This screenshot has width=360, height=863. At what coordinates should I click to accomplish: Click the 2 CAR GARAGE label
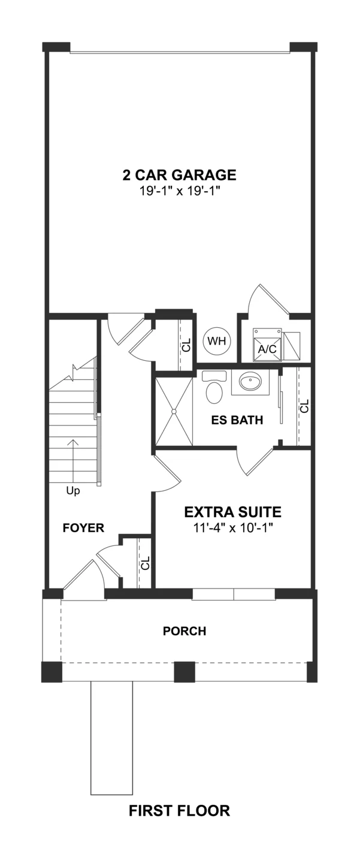[180, 175]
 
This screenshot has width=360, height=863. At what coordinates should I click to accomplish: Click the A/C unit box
[267, 345]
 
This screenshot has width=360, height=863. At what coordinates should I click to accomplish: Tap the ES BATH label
[237, 420]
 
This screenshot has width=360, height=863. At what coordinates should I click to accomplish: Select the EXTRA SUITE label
[232, 512]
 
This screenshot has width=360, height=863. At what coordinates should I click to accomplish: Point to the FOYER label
[83, 528]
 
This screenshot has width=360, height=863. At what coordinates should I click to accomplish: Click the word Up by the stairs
[73, 491]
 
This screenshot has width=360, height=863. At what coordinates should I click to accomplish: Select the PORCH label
[184, 631]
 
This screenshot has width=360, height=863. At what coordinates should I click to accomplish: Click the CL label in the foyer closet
[145, 563]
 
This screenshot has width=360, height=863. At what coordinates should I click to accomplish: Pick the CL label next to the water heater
[186, 345]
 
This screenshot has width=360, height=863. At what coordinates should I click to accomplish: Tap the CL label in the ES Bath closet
[304, 406]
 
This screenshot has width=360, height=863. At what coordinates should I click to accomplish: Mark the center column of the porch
[184, 672]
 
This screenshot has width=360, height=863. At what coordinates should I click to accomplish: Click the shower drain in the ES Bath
[174, 412]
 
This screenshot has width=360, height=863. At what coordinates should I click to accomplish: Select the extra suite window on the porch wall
[234, 595]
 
